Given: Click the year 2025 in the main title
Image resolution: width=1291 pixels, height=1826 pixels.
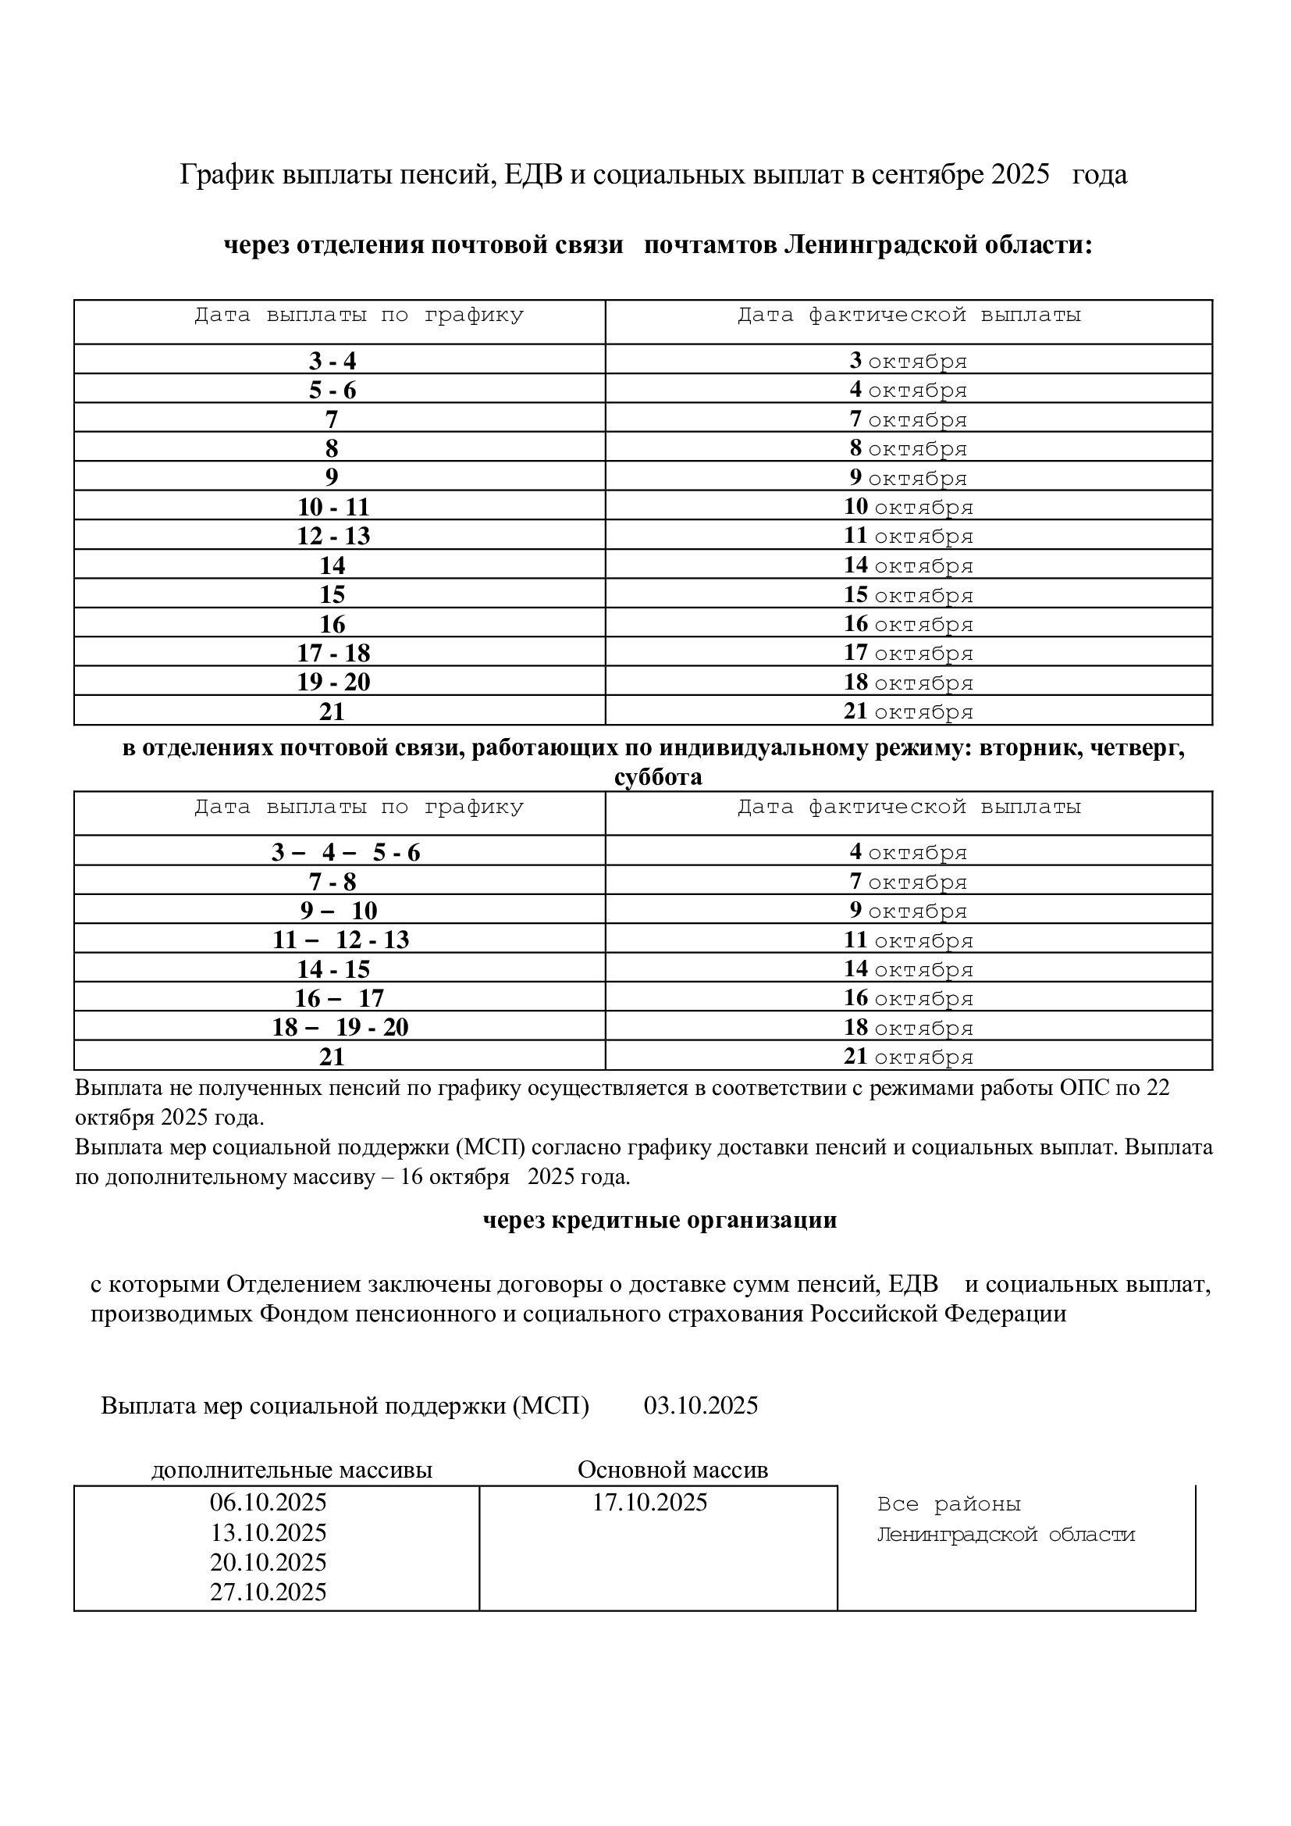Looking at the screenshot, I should [x=1021, y=174].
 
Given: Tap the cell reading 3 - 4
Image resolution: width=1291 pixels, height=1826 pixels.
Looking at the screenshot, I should [x=333, y=361].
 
